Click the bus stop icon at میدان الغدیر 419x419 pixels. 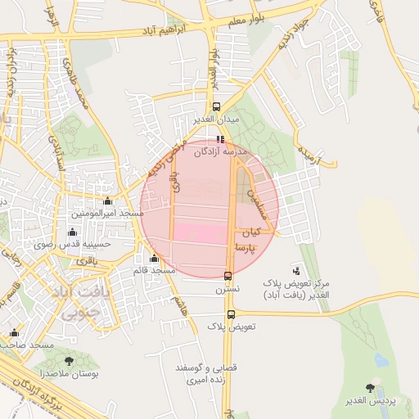pyautogui.click(x=216, y=106)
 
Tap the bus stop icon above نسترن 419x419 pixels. pyautogui.click(x=228, y=276)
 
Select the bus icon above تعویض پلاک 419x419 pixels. pyautogui.click(x=231, y=314)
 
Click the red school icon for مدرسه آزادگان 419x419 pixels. pyautogui.click(x=219, y=139)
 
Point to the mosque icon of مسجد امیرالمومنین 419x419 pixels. pyautogui.click(x=107, y=201)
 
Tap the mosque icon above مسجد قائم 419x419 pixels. pyautogui.click(x=154, y=259)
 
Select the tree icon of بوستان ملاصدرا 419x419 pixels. pyautogui.click(x=68, y=361)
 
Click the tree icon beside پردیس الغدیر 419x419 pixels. pyautogui.click(x=371, y=388)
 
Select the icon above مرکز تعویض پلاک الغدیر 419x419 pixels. pyautogui.click(x=296, y=270)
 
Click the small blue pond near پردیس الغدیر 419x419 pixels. pyautogui.click(x=381, y=359)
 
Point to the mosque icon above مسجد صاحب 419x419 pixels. pyautogui.click(x=14, y=332)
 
